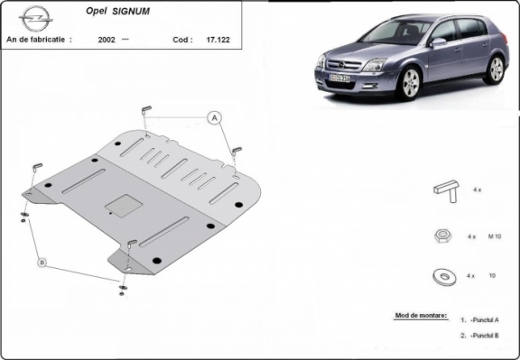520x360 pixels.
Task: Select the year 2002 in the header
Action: (107, 41)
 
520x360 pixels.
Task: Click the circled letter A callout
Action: (215, 117)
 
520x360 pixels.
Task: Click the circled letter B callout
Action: (42, 263)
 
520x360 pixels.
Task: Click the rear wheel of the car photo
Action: (495, 69)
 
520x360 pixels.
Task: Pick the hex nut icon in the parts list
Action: (442, 235)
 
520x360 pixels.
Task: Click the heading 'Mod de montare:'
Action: (421, 317)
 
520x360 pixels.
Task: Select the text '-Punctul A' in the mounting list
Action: (484, 320)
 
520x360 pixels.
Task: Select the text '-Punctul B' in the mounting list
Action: (484, 336)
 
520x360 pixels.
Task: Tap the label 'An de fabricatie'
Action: (38, 41)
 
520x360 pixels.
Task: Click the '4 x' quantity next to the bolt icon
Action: (480, 190)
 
